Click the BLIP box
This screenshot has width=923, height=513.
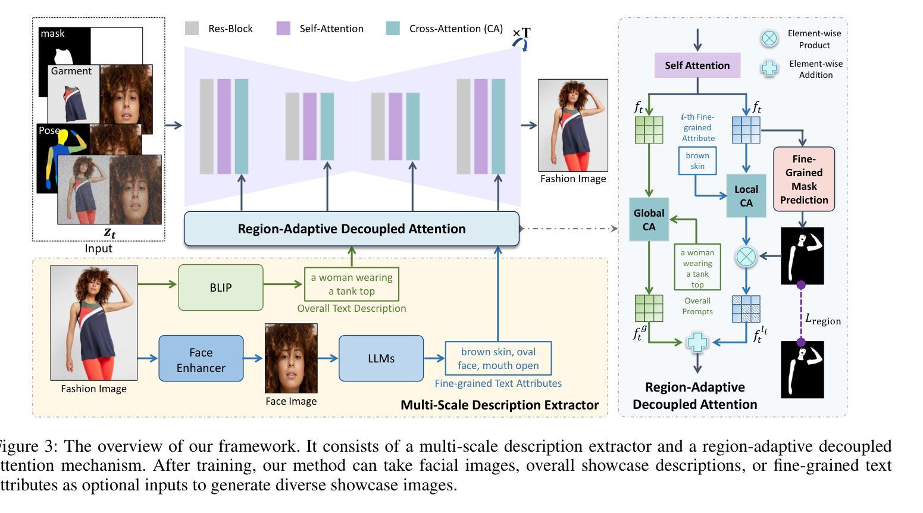pyautogui.click(x=220, y=287)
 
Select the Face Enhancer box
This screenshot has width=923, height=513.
pyautogui.click(x=201, y=359)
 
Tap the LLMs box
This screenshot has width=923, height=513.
pyautogui.click(x=381, y=358)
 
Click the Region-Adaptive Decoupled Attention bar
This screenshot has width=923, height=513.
pyautogui.click(x=351, y=229)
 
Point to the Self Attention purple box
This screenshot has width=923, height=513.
pyautogui.click(x=697, y=65)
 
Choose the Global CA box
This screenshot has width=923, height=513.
pyautogui.click(x=649, y=220)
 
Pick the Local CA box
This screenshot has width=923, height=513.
pyautogui.click(x=746, y=196)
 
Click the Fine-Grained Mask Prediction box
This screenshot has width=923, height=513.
pyautogui.click(x=803, y=179)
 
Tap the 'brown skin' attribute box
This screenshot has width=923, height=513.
pyautogui.click(x=697, y=161)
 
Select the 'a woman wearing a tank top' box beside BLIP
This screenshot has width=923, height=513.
pyautogui.click(x=351, y=284)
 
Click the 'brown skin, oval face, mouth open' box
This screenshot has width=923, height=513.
pyautogui.click(x=498, y=358)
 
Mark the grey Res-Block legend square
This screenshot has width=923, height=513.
pyautogui.click(x=192, y=28)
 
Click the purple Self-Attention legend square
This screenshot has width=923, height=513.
pyautogui.click(x=283, y=28)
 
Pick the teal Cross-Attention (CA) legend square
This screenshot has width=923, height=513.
pyautogui.click(x=393, y=28)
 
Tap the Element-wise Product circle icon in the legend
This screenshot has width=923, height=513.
pyautogui.click(x=769, y=39)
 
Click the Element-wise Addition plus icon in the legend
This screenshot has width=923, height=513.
pyautogui.click(x=769, y=68)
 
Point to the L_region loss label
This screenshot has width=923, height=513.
pyautogui.click(x=823, y=320)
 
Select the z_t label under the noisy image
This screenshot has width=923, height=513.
pyautogui.click(x=109, y=233)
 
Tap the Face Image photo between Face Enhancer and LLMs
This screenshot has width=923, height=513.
pyautogui.click(x=291, y=358)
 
